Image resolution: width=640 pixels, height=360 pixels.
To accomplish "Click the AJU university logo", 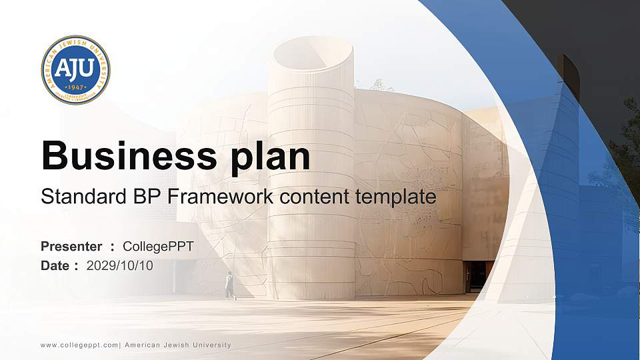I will pyautogui.click(x=75, y=70).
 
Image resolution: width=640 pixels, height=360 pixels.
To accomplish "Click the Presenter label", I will pyautogui.click(x=71, y=247).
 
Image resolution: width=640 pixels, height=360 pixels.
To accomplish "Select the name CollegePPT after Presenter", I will pyautogui.click(x=159, y=247).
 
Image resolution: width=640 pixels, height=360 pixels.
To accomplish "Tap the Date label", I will pyautogui.click(x=55, y=265).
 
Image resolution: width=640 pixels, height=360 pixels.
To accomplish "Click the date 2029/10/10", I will pyautogui.click(x=120, y=265).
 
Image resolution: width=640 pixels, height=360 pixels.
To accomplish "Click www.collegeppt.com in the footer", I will pyautogui.click(x=79, y=345).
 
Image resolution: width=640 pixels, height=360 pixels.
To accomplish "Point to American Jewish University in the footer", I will pyautogui.click(x=178, y=345).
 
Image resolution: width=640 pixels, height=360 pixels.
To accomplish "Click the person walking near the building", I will pyautogui.click(x=230, y=285).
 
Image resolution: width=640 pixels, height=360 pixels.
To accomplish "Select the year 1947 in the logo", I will pyautogui.click(x=75, y=87).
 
